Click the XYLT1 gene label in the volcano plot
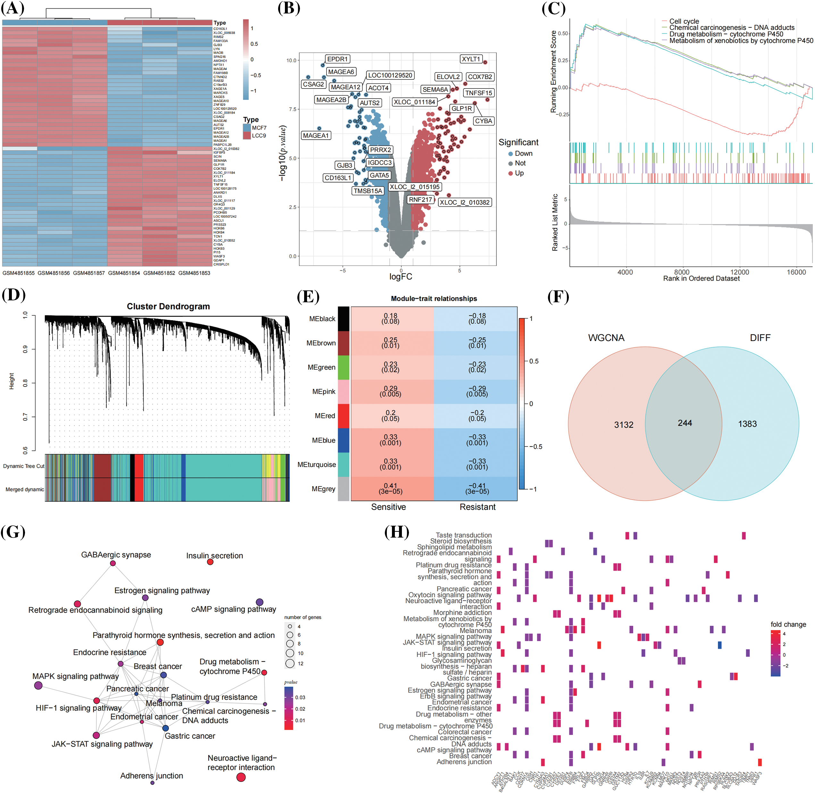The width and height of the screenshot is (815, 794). click(471, 59)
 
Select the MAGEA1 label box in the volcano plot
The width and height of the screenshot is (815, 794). click(316, 136)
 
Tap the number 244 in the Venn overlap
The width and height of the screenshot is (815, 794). click(685, 423)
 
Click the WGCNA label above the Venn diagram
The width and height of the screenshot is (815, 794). click(606, 338)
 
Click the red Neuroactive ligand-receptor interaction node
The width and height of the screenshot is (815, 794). click(241, 777)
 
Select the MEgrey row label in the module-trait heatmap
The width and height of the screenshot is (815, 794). click(323, 489)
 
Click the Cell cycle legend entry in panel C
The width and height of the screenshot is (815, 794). click(684, 21)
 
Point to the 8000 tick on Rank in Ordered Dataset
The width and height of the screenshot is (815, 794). click(682, 272)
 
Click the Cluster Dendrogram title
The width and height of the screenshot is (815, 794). click(168, 306)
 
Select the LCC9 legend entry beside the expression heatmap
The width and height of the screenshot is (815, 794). click(258, 136)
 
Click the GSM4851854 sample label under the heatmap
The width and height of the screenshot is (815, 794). click(124, 273)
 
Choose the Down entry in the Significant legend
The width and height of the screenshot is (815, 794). click(523, 154)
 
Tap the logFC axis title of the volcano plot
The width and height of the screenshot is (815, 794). click(401, 277)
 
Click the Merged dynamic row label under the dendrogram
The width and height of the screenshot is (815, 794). click(25, 489)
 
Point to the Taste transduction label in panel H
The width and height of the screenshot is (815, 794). click(463, 535)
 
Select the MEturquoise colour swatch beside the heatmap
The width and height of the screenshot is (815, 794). click(343, 464)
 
